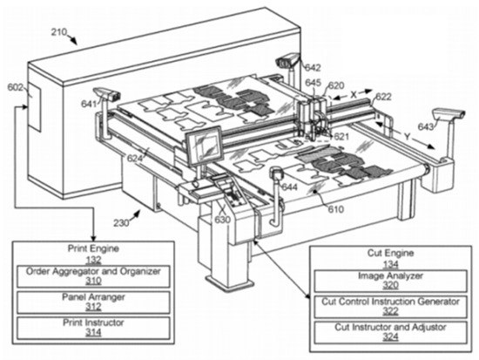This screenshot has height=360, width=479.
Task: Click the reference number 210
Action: pos(58,31)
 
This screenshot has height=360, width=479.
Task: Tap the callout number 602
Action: pos(16,87)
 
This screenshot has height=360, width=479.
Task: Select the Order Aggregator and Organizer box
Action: pos(93,276)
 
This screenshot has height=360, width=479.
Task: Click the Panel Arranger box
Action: pos(93,302)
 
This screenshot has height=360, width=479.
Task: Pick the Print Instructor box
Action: pos(93,329)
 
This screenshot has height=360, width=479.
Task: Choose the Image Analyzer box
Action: pos(391,281)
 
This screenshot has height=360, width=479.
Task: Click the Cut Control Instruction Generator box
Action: pos(391,307)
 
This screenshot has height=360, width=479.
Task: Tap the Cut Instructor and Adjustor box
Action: pos(391,332)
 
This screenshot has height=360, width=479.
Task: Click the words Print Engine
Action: pos(93,248)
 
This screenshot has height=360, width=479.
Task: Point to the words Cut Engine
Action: pos(390,254)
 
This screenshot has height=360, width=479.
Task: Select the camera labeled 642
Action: pos(288,60)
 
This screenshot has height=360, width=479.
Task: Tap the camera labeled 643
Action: pos(449,114)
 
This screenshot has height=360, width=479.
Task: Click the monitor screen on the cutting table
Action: pos(205,146)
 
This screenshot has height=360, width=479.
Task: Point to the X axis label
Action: pos(354,94)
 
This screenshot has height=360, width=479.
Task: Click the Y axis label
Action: pos(407,137)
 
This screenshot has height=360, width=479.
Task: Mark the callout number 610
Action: pos(336,209)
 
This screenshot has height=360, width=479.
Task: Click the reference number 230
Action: pos(121,223)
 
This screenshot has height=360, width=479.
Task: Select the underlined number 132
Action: pos(93,260)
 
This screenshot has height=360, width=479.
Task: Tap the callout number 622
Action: pos(383,97)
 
